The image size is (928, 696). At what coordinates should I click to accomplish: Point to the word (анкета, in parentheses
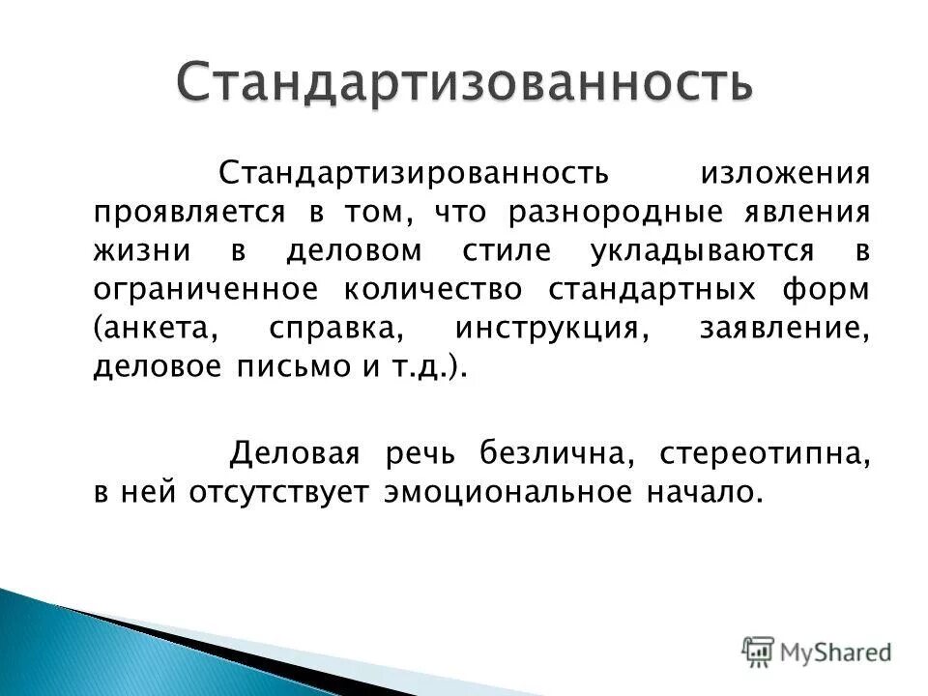pos(153,331)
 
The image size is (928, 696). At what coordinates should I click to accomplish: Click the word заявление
pos(784,331)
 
